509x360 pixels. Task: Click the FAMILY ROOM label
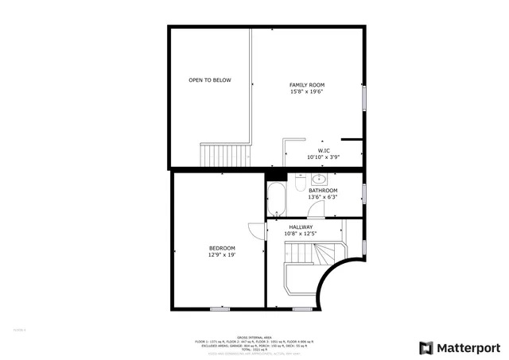(x=306, y=85)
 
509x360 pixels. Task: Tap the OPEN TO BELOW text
(x=210, y=80)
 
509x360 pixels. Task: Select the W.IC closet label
(x=324, y=151)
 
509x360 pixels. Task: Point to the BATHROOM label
(x=323, y=191)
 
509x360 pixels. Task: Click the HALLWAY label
(x=301, y=227)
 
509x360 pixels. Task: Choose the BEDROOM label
(x=222, y=249)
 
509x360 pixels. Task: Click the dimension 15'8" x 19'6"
(x=306, y=91)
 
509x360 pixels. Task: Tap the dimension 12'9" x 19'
(x=222, y=255)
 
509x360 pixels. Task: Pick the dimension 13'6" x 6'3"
(x=323, y=197)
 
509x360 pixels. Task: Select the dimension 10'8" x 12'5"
(x=301, y=234)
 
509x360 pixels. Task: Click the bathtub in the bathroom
(x=276, y=199)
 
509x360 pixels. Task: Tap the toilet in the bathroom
(x=297, y=184)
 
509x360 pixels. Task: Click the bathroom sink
(x=319, y=178)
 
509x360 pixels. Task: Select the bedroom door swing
(x=256, y=230)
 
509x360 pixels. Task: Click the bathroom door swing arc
(x=317, y=208)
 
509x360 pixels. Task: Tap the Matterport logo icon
(x=426, y=347)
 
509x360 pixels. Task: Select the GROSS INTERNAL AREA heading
(x=254, y=337)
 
